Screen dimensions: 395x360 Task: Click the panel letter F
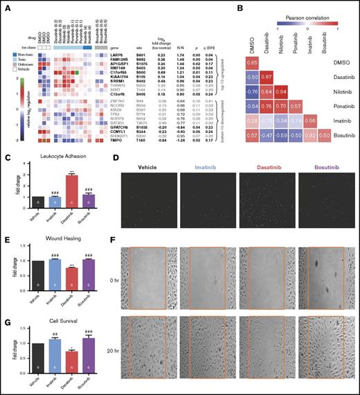pos(125,237)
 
